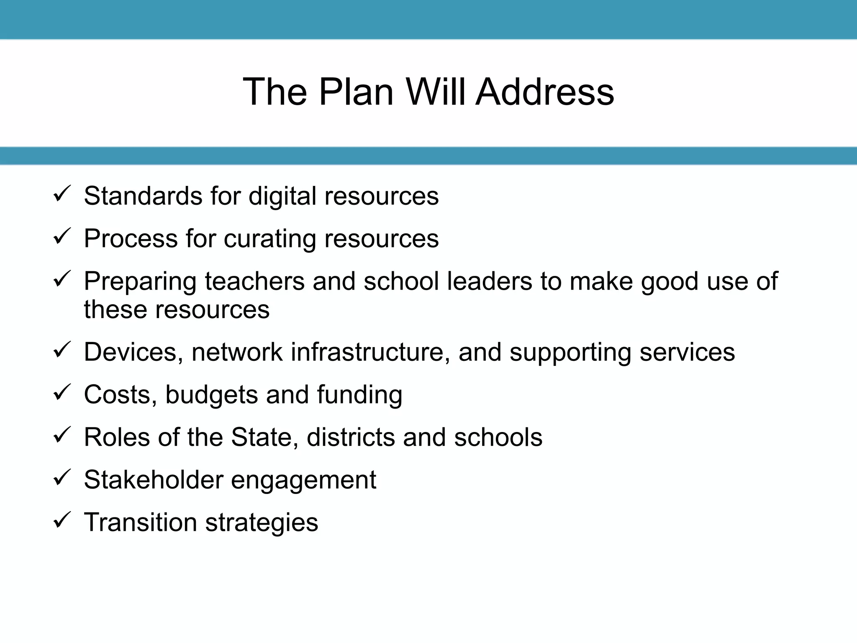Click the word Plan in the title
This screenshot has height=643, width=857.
[356, 92]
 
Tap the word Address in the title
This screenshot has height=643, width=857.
[545, 92]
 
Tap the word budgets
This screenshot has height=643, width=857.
[211, 395]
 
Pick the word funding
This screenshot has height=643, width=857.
[359, 395]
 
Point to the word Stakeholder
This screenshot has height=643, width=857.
[154, 480]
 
